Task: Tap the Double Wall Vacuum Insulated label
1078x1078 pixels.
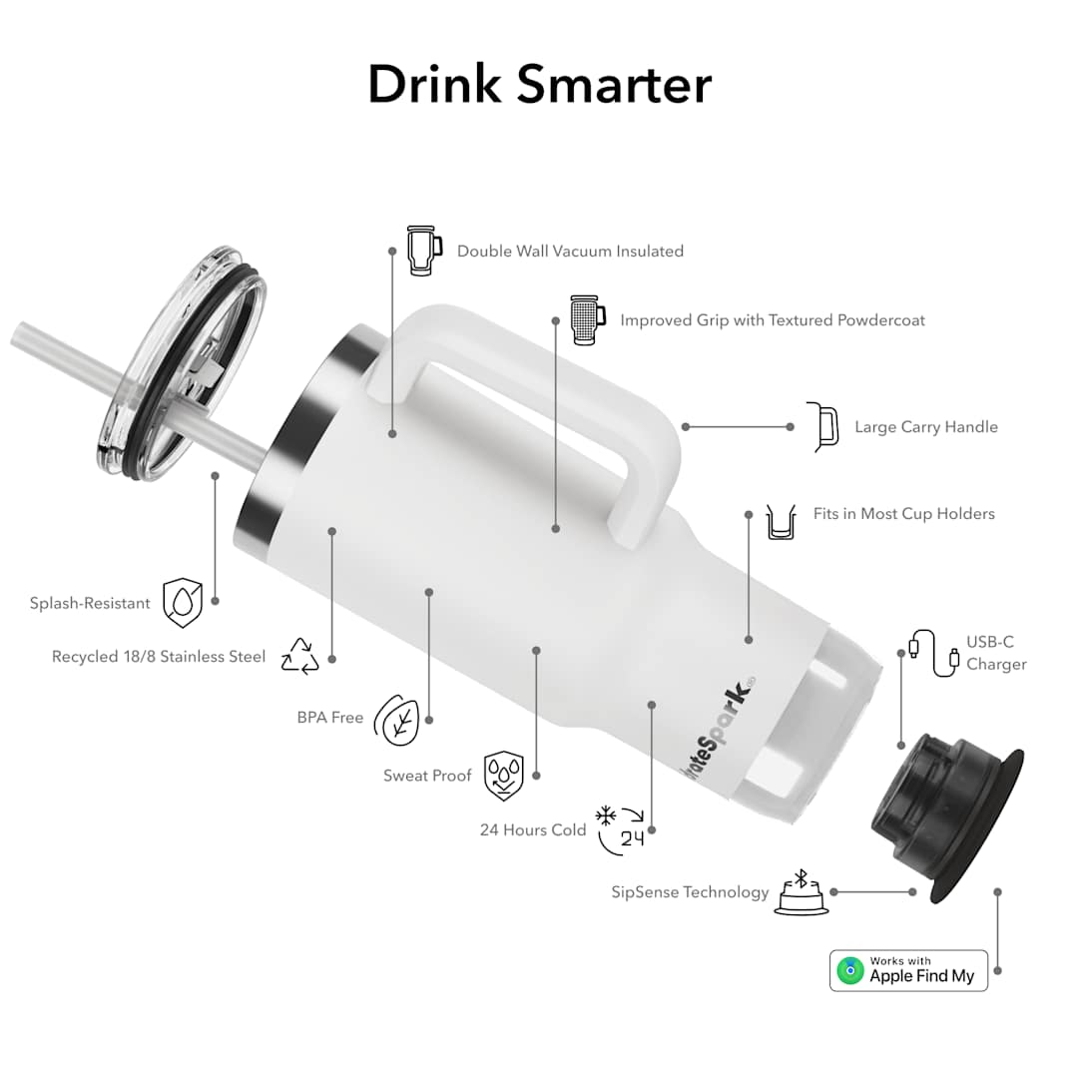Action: pyautogui.click(x=570, y=252)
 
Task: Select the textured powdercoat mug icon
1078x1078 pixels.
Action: pyautogui.click(x=587, y=319)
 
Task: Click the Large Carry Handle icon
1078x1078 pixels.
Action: pyautogui.click(x=823, y=426)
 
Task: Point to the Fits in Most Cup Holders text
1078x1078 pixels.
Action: pyautogui.click(x=904, y=514)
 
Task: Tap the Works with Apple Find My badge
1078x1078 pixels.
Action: pyautogui.click(x=908, y=970)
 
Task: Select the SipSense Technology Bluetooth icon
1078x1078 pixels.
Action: pyautogui.click(x=799, y=891)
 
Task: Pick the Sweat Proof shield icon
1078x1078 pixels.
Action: pyautogui.click(x=503, y=777)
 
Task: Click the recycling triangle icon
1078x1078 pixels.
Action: pyautogui.click(x=299, y=656)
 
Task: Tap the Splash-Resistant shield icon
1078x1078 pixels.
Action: pyautogui.click(x=183, y=603)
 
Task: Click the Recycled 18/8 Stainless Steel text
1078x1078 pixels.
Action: pyautogui.click(x=159, y=657)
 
